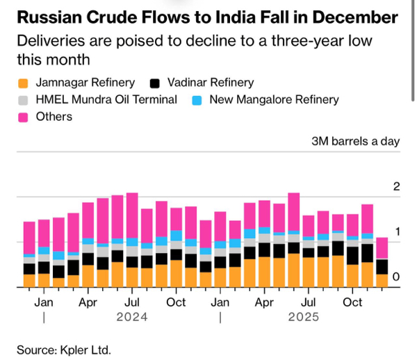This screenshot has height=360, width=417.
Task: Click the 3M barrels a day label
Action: (355, 140)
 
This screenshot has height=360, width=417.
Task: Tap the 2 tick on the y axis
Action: (396, 187)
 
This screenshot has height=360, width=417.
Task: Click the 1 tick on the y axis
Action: (396, 232)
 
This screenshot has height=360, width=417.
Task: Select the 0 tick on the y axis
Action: (396, 277)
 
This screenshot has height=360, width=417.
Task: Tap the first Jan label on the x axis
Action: (44, 302)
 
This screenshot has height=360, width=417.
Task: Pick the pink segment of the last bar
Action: (382, 248)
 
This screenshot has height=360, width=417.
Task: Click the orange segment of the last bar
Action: (382, 281)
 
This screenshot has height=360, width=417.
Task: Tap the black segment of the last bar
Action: (382, 266)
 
